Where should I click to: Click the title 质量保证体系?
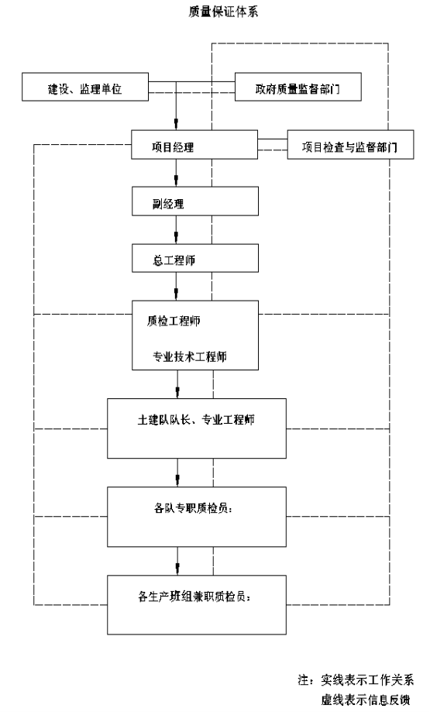(x=223, y=12)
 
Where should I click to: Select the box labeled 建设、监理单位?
(x=85, y=87)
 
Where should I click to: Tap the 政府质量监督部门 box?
(x=298, y=87)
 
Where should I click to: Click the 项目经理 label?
(x=173, y=147)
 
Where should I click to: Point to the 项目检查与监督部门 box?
(x=350, y=144)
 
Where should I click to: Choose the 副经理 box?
(x=195, y=201)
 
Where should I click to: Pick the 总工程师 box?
(x=195, y=258)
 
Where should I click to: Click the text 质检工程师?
(x=174, y=321)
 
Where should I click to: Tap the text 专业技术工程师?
(x=189, y=356)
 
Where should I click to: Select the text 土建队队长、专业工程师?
(x=196, y=420)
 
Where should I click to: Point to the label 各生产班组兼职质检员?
(x=194, y=596)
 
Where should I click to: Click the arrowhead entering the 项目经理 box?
(x=177, y=125)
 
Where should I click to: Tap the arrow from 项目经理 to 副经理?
(x=177, y=173)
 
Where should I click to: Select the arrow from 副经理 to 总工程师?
(x=177, y=230)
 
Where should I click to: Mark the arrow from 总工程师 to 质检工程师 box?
(x=177, y=287)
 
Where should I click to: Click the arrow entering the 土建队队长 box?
(x=177, y=384)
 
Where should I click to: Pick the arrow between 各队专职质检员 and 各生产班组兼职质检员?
(x=177, y=561)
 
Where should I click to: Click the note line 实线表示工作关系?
(x=356, y=679)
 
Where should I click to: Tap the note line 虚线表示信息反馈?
(x=366, y=700)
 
